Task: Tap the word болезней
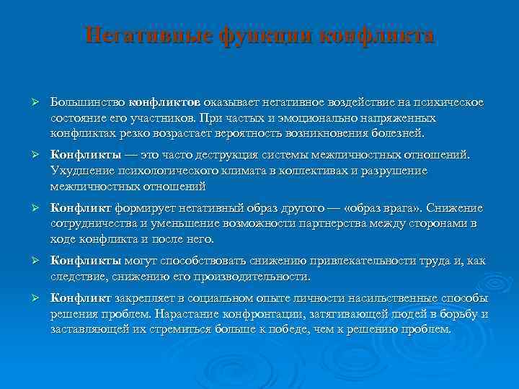click(x=399, y=133)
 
